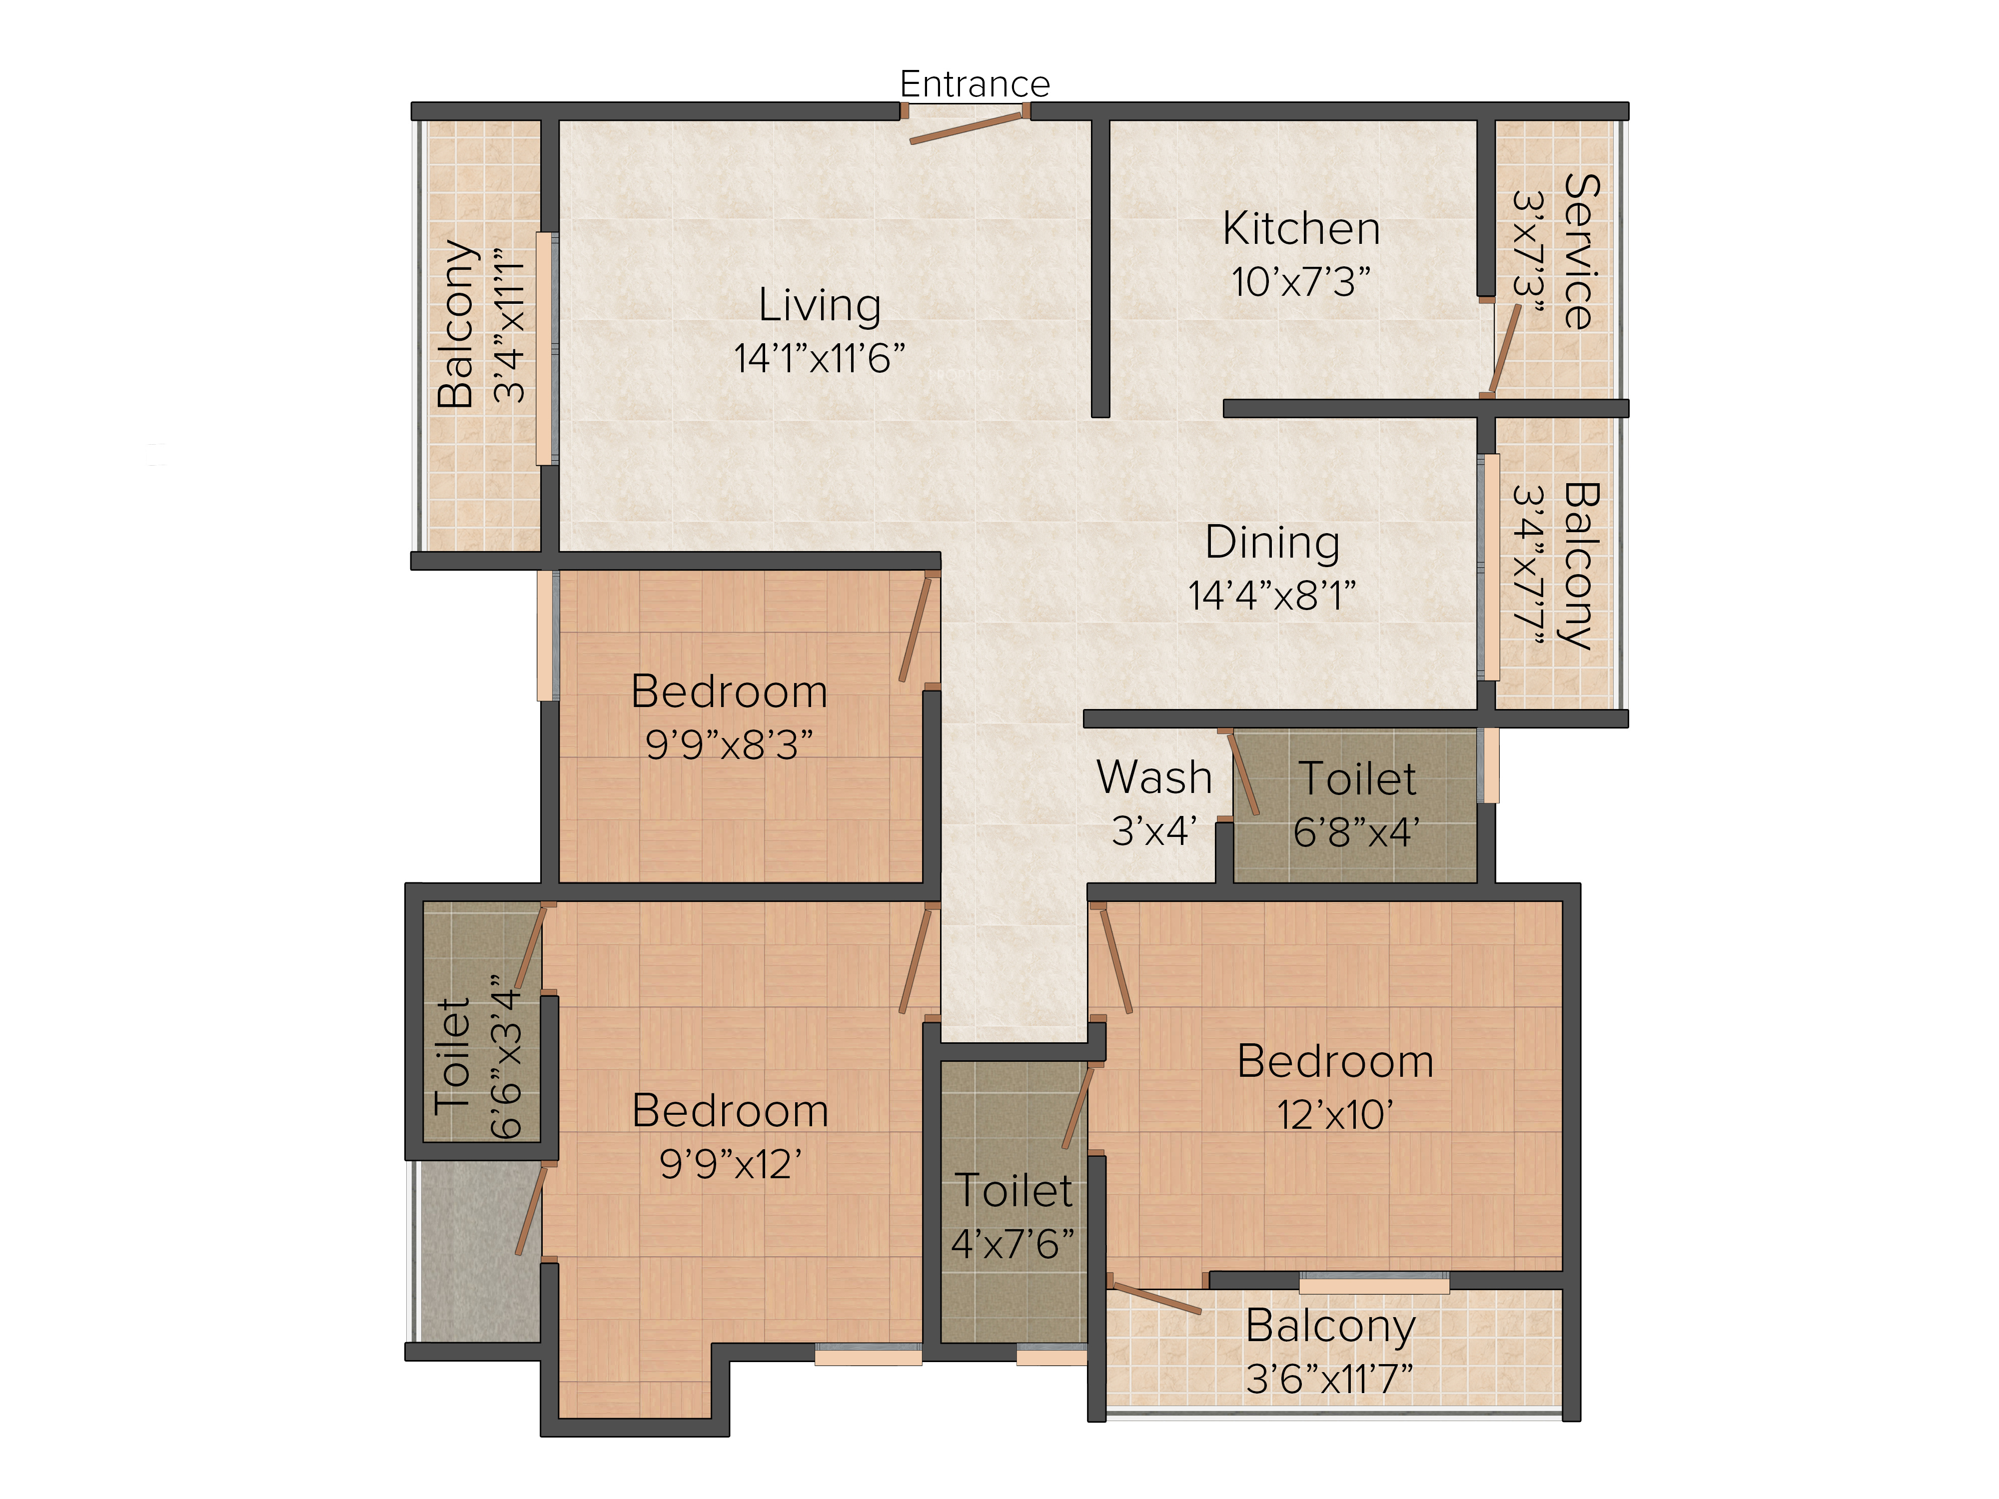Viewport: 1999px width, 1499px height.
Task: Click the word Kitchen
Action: coord(1301,229)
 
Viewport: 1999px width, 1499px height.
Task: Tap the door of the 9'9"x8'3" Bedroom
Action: coord(916,629)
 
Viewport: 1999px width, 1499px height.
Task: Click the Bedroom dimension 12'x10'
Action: coord(1335,1115)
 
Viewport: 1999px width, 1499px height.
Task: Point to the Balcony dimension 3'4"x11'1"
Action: coord(509,324)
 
